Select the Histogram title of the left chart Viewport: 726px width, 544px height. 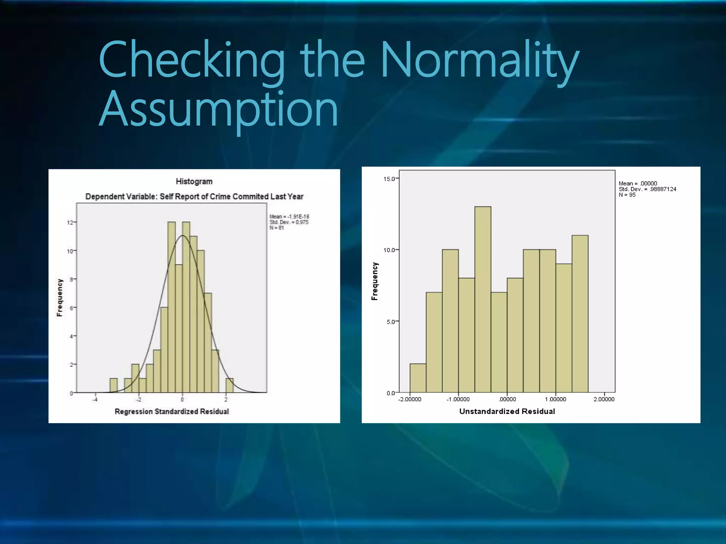click(194, 182)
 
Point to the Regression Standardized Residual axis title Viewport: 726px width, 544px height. click(172, 412)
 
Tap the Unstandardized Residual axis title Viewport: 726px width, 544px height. click(507, 412)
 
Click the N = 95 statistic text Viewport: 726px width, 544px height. click(627, 195)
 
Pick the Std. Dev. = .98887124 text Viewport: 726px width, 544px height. click(647, 189)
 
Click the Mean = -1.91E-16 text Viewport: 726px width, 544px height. click(289, 216)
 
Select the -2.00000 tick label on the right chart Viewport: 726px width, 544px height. click(410, 399)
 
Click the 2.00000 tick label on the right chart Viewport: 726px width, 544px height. click(604, 399)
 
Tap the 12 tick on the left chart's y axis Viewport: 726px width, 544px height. click(70, 222)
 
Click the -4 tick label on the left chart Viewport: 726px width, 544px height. click(95, 400)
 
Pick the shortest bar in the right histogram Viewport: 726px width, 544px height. click(418, 378)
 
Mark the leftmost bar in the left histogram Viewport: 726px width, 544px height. click(113, 386)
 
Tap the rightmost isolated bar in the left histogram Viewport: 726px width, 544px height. click(230, 386)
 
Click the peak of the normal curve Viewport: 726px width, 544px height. click(183, 236)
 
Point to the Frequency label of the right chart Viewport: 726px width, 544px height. click(375, 282)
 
